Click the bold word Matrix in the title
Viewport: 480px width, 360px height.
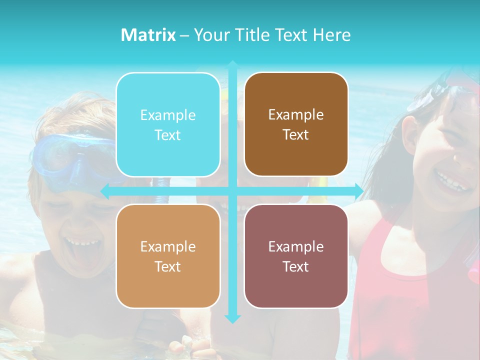[x=148, y=35]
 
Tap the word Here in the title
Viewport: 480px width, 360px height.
[x=332, y=35]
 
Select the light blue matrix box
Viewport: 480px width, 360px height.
[x=168, y=125]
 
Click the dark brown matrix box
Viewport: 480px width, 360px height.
[x=296, y=124]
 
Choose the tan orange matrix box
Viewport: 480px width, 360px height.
[x=168, y=256]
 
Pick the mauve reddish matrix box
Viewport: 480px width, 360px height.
[x=296, y=256]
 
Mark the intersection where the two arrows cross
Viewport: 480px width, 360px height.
[x=232, y=190]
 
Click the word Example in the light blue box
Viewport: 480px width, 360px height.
[x=168, y=115]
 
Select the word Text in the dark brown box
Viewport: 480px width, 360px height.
[x=296, y=135]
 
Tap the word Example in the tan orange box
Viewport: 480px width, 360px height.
[x=168, y=246]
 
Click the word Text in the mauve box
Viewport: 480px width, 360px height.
[x=296, y=266]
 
